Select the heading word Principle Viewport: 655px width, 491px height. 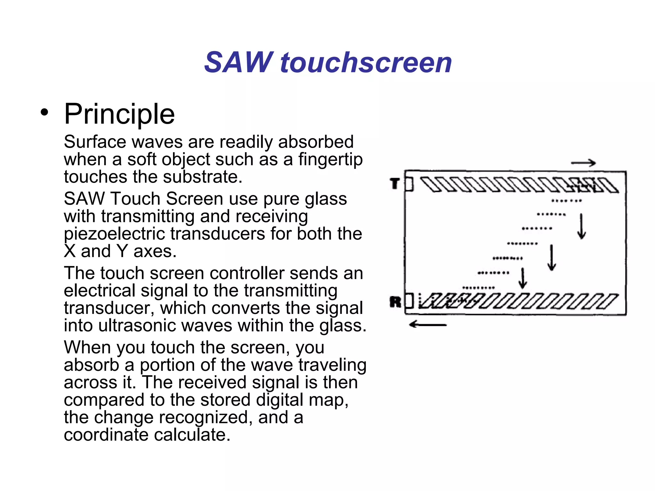click(x=119, y=114)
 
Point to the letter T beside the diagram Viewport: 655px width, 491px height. click(x=395, y=184)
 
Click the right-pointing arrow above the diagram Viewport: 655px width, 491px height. click(x=583, y=163)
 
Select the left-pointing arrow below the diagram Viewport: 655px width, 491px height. click(x=428, y=325)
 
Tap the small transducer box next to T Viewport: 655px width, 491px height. click(x=409, y=184)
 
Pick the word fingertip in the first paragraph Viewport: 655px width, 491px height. click(x=330, y=160)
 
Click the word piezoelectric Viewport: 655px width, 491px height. click(x=116, y=234)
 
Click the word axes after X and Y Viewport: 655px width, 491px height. click(x=155, y=251)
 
